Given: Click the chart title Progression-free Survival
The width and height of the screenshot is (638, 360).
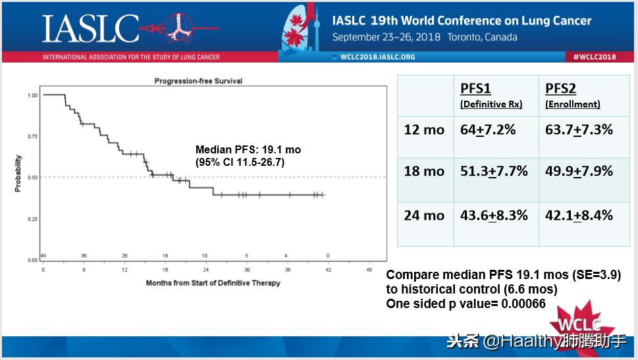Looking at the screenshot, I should click(x=198, y=81).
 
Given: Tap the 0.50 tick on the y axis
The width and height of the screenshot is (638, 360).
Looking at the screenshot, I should click(x=32, y=178).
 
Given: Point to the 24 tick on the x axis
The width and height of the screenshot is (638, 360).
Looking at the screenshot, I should click(x=205, y=270).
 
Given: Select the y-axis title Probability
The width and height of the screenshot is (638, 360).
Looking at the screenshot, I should click(x=18, y=173).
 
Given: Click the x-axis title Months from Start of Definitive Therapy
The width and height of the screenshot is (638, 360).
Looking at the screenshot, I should click(x=213, y=283).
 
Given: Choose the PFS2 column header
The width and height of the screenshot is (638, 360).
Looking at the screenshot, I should click(x=561, y=90).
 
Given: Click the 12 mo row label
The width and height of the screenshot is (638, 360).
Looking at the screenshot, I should click(x=424, y=130).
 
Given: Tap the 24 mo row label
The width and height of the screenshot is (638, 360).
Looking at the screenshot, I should click(x=424, y=215).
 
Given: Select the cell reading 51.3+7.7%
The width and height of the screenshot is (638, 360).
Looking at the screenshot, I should click(x=494, y=171).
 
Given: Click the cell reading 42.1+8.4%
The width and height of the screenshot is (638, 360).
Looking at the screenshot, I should click(x=579, y=215).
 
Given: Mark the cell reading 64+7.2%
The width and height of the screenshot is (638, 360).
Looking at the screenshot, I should click(x=488, y=130).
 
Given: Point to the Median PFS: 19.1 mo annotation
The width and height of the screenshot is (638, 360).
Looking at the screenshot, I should click(x=248, y=150).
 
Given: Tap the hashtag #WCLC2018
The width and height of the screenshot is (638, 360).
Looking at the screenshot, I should click(x=594, y=57).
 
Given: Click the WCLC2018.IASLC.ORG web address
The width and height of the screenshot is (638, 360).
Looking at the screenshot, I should click(x=377, y=57).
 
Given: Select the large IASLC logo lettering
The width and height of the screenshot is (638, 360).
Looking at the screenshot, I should click(x=90, y=28).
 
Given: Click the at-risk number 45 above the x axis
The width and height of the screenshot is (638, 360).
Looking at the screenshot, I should click(x=43, y=255).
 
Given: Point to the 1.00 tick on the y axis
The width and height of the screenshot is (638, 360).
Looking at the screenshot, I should click(x=32, y=95).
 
